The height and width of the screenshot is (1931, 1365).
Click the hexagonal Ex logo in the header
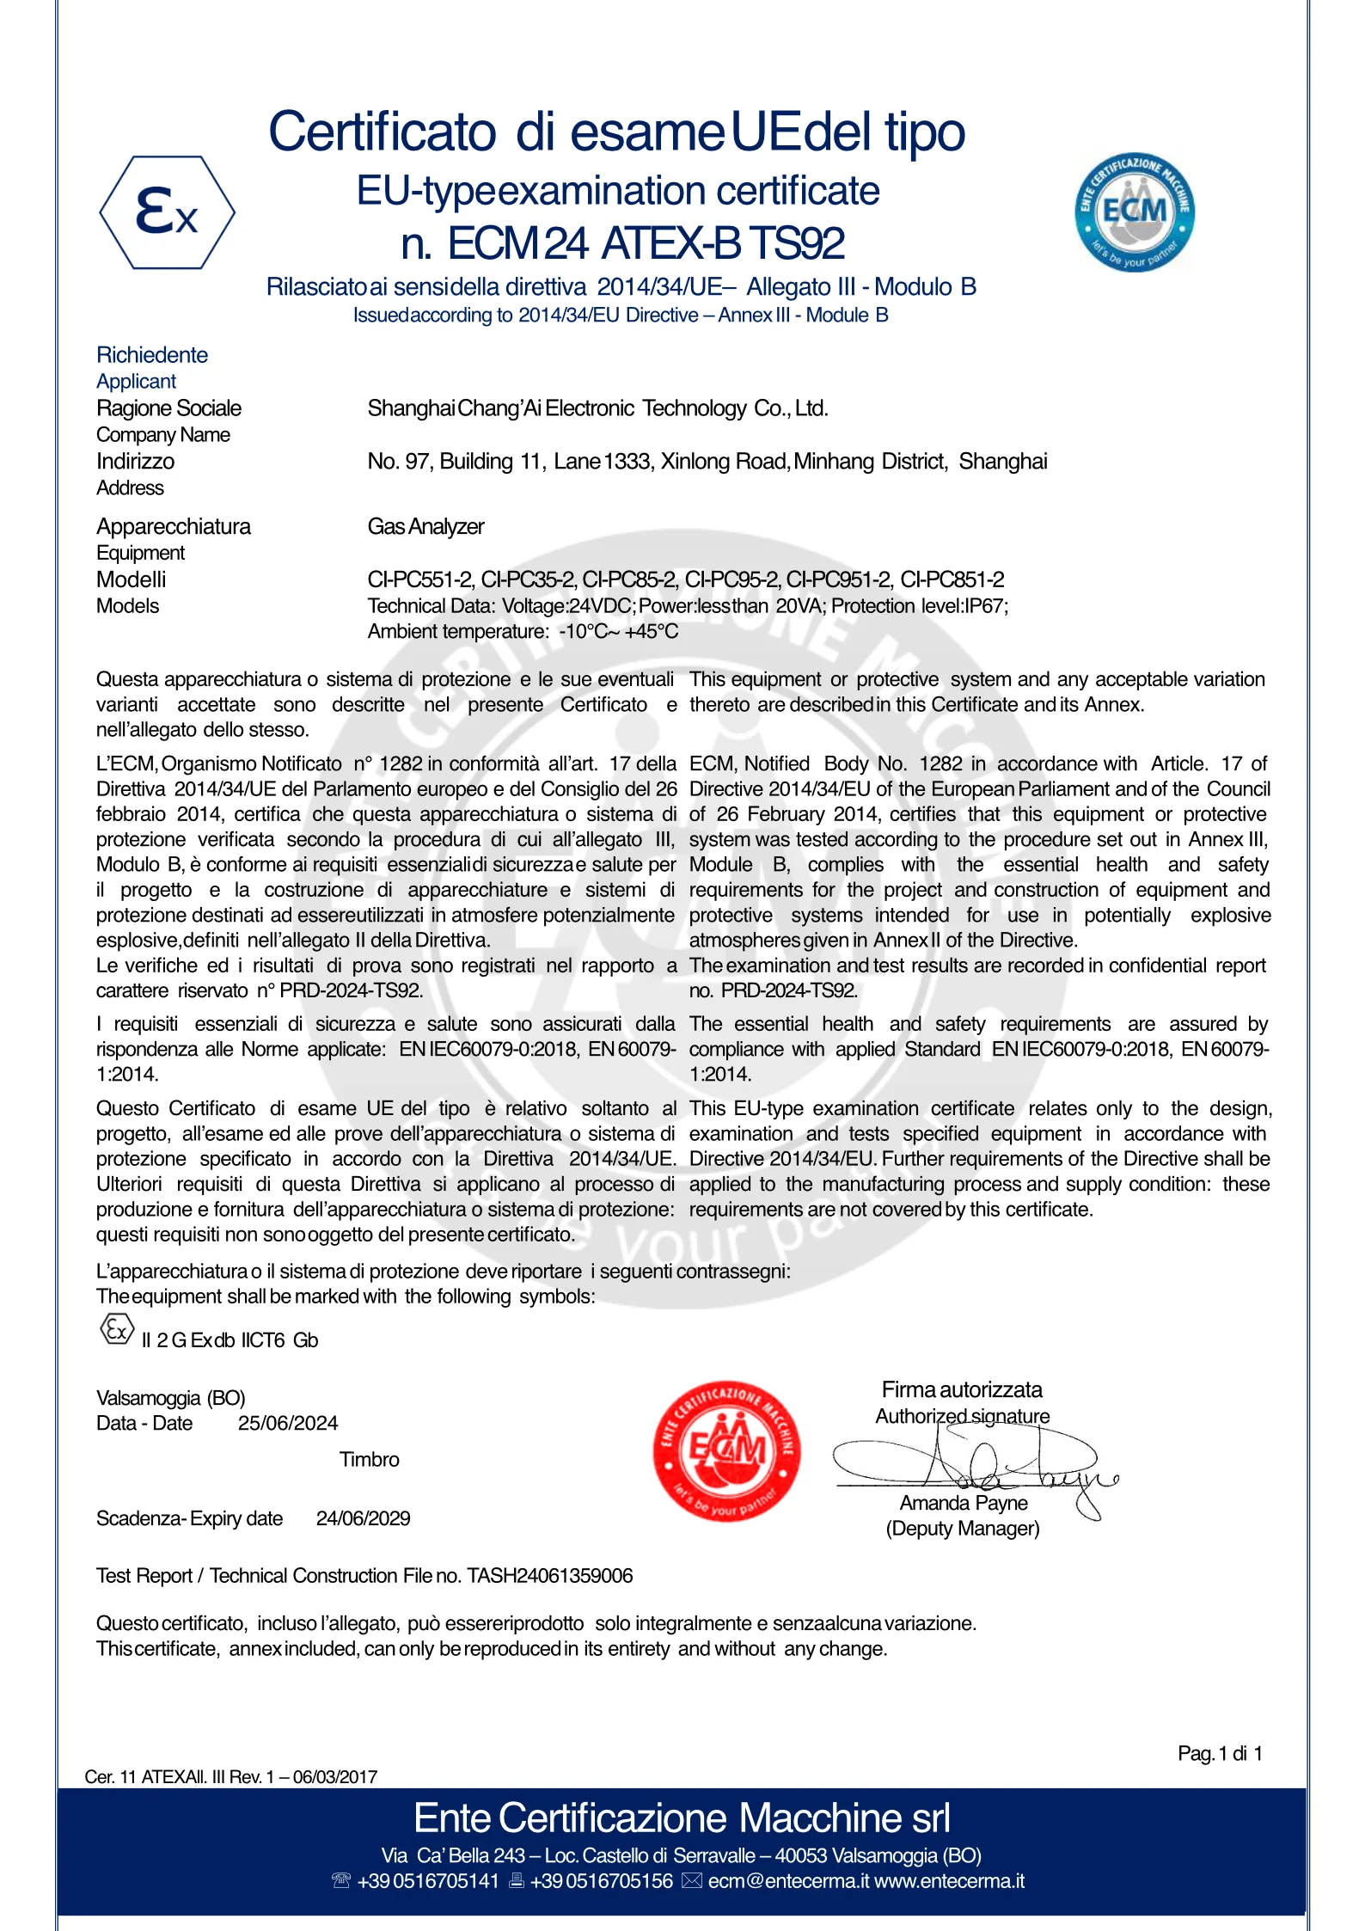[168, 212]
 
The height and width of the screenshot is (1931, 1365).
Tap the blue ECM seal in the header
[1134, 211]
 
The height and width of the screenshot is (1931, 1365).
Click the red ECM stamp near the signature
[727, 1451]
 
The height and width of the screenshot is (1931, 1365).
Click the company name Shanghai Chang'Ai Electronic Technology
[597, 408]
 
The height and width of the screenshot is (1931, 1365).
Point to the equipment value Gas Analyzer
[425, 526]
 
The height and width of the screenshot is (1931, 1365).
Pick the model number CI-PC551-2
[420, 579]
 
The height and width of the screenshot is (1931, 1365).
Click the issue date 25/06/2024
[288, 1423]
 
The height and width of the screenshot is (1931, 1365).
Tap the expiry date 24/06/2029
[363, 1518]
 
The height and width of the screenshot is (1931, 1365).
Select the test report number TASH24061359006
[550, 1576]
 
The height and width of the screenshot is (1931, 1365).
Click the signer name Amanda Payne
[964, 1503]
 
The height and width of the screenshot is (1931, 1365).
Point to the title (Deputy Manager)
[963, 1529]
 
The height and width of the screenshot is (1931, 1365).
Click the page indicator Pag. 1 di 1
[1220, 1753]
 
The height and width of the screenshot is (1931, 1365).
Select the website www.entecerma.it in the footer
[949, 1881]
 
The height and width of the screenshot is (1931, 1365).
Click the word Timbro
[369, 1459]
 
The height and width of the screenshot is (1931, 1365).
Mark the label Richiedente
[152, 355]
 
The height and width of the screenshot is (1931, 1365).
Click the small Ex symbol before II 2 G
[117, 1330]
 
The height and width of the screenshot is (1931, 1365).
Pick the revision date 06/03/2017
[335, 1777]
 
